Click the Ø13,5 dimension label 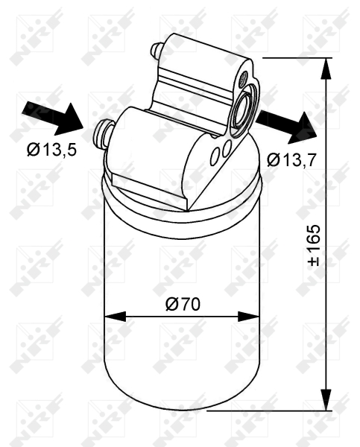[51, 150]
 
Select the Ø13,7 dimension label [291, 159]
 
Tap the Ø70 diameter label [183, 304]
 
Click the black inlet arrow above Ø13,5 [53, 118]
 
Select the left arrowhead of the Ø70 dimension [116, 317]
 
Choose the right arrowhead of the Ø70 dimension [248, 317]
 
